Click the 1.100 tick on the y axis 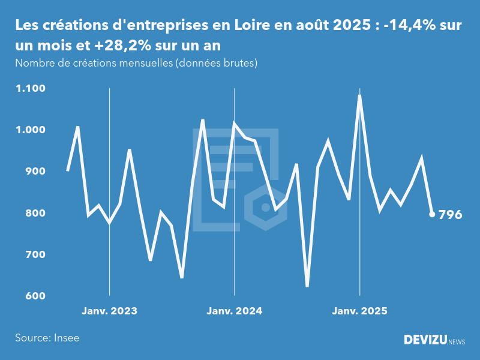[x=31, y=89]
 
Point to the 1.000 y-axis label [x=31, y=130]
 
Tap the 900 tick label [x=36, y=172]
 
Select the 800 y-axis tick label [x=36, y=213]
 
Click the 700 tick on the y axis [x=36, y=254]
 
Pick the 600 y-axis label [x=36, y=296]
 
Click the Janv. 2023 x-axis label [x=109, y=311]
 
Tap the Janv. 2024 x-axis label [x=234, y=311]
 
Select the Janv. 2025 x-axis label [x=359, y=311]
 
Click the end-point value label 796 [x=451, y=215]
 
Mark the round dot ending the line [x=432, y=214]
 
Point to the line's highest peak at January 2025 [x=359, y=96]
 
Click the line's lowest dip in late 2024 [x=307, y=286]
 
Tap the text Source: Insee [x=47, y=338]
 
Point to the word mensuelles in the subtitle [x=143, y=63]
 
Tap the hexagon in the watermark [x=265, y=208]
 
